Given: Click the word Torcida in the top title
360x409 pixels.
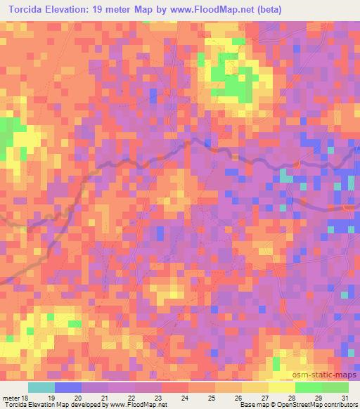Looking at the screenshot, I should pos(27,8).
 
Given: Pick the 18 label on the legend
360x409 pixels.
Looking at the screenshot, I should pos(26,397).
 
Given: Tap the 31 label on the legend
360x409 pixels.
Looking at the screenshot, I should pos(345,397).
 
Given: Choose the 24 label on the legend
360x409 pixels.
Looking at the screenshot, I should pos(184,397).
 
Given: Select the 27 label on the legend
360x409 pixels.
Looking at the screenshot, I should pos(264,397).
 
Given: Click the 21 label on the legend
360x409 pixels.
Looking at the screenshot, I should pos(104,397).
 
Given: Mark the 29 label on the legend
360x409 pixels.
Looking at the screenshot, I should pos(318,397).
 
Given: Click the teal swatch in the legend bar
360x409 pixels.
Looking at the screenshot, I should pos(41,387).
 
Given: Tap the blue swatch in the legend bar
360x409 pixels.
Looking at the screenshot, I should pos(68,387).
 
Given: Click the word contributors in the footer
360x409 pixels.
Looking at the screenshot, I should pos(337,405).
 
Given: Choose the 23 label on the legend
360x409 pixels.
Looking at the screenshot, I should pos(157,397).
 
